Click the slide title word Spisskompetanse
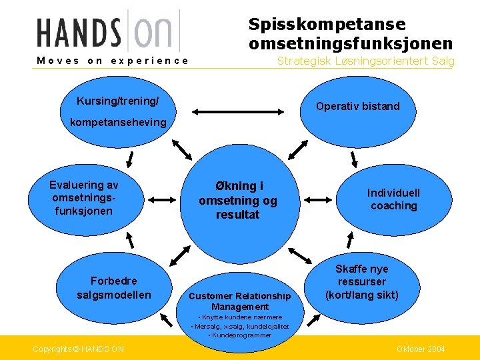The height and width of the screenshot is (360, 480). pos(327,25)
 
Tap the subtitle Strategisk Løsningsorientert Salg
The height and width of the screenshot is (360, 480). pos(365,61)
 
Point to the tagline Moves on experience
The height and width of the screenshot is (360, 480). pos(113,61)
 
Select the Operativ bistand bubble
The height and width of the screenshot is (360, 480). pos(358,106)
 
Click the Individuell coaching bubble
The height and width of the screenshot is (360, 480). pos(393,199)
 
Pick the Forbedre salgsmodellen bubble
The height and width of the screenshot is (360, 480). pos(114,288)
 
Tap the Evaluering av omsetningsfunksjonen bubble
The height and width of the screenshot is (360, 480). pos(84,198)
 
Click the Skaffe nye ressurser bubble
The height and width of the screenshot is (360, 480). pos(361,282)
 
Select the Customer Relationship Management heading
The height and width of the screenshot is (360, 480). pos(240,301)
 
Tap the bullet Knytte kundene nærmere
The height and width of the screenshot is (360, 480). pos(241,317)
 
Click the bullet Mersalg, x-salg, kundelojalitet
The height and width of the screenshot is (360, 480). pos(240,326)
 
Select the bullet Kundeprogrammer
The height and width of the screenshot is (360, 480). pos(240,335)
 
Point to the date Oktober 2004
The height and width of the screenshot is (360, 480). pos(421,349)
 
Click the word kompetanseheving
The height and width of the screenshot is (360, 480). pos(118,123)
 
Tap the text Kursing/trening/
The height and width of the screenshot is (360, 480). pos(118,101)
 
